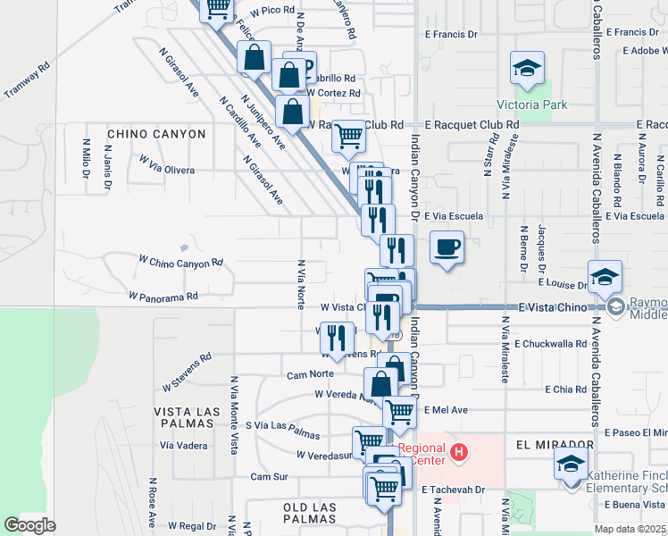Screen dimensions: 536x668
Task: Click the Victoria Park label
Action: [x=535, y=105]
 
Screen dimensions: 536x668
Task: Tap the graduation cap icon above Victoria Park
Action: [x=527, y=68]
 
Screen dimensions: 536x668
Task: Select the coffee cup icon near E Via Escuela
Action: [x=447, y=247]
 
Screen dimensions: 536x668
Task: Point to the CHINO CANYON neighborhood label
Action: [x=156, y=134]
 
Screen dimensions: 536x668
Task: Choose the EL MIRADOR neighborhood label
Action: [x=555, y=444]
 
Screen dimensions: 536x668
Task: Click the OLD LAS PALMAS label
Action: [x=296, y=507]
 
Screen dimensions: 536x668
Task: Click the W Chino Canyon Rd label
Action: [x=180, y=264]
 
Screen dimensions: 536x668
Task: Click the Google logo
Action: [x=29, y=525]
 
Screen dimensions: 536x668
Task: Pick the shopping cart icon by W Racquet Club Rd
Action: [x=348, y=137]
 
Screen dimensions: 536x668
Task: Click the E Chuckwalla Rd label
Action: [x=555, y=343]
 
